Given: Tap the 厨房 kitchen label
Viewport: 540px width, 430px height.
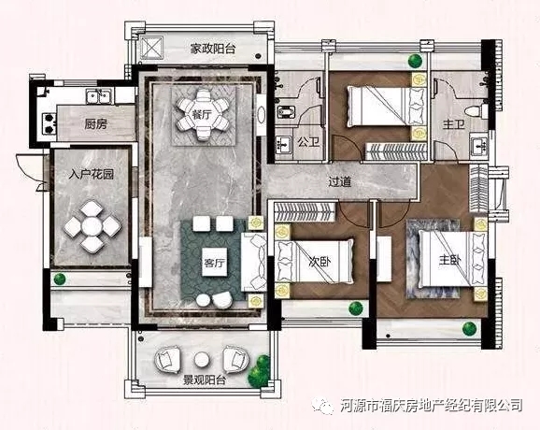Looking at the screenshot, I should pos(93,123).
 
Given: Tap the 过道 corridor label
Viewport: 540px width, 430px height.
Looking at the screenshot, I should pos(340,181).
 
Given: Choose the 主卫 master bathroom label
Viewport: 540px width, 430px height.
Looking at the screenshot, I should pos(454,123).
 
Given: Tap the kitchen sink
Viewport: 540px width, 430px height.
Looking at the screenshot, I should pos(97,95).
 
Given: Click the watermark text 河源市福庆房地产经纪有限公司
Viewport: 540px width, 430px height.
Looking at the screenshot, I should pos(432,406).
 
